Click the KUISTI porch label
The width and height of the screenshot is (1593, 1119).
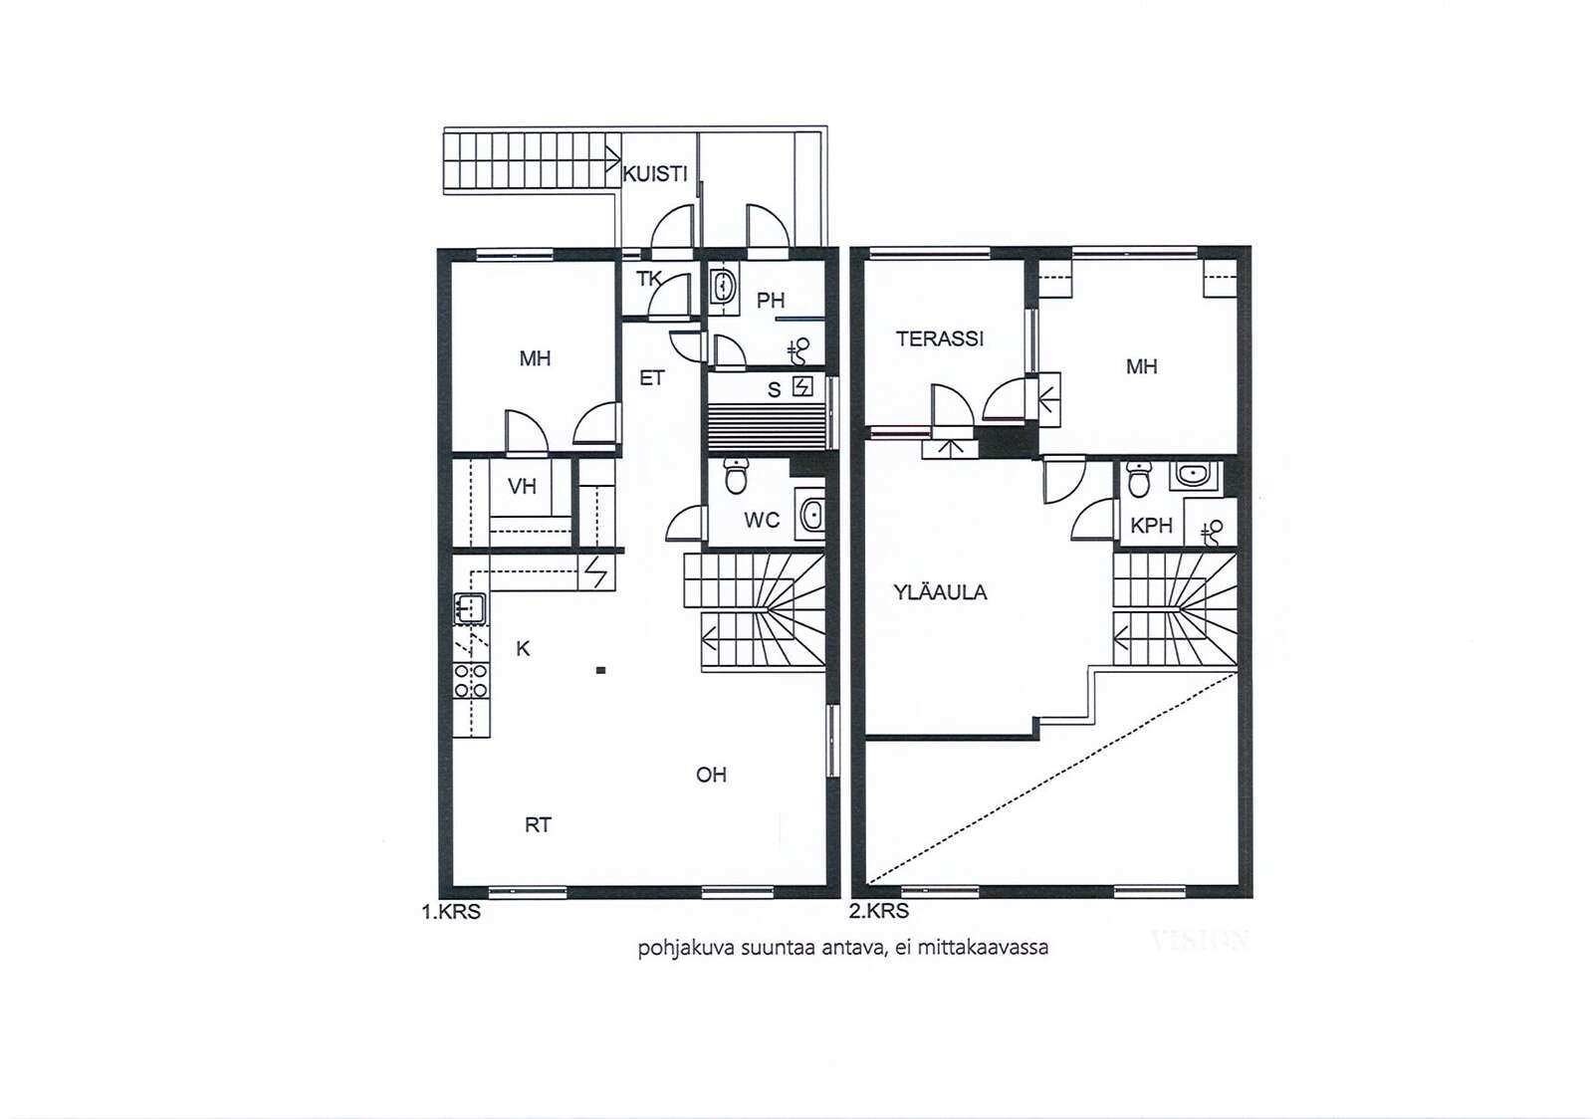tap(655, 174)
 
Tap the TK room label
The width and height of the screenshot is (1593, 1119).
tap(648, 279)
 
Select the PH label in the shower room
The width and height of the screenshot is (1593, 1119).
tap(771, 301)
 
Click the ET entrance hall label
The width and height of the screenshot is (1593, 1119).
tap(651, 378)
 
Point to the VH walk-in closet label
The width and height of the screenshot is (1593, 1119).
tap(522, 486)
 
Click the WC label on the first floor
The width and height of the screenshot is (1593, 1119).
tap(762, 521)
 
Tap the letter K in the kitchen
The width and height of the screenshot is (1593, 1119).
tap(523, 648)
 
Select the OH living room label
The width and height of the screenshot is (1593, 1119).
tap(711, 775)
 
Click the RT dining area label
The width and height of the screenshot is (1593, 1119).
tap(538, 824)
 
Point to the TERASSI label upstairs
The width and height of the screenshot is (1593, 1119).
tap(940, 339)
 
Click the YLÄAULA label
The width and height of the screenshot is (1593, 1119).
tap(940, 592)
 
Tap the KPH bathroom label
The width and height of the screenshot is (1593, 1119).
tap(1151, 526)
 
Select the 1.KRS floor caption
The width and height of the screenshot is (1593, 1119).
tap(451, 911)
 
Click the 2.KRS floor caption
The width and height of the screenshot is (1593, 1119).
tap(879, 911)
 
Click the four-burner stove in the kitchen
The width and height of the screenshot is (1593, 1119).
tap(471, 680)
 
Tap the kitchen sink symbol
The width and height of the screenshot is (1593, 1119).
tap(469, 609)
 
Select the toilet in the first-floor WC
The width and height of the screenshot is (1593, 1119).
tap(736, 476)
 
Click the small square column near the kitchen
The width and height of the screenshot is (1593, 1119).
tap(601, 670)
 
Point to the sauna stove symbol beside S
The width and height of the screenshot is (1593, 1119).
tap(802, 386)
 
